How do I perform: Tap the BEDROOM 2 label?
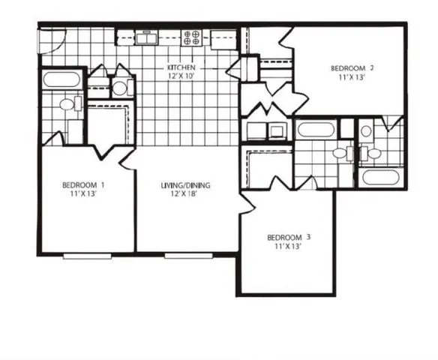352,68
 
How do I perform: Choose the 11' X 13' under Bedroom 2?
352,77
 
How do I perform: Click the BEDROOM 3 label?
289,238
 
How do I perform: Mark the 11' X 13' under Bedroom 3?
289,247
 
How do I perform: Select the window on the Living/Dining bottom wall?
187,256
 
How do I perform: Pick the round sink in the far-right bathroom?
366,130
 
